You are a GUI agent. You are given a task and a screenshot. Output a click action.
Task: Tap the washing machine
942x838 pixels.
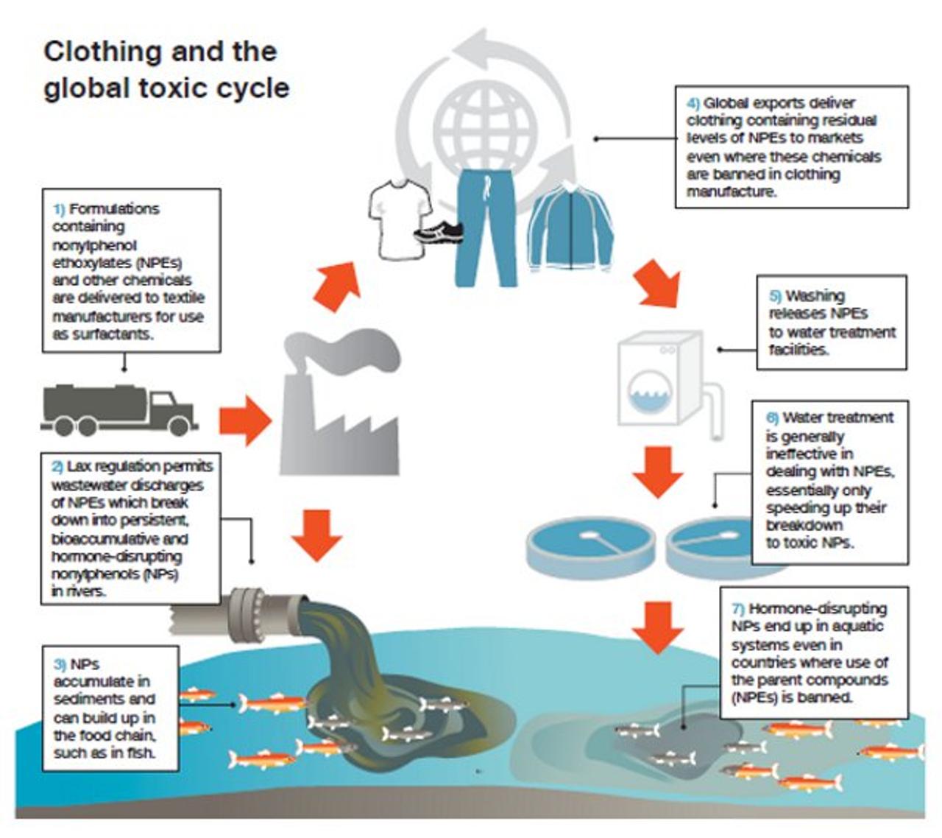pos(659,379)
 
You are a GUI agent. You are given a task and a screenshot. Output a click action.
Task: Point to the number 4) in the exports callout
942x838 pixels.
pos(693,103)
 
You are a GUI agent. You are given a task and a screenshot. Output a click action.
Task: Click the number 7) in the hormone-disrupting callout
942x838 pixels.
pos(738,609)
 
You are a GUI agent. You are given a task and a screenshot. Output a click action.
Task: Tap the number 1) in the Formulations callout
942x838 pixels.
pos(59,209)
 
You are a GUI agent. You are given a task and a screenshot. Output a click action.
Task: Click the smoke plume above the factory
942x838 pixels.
pos(346,346)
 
